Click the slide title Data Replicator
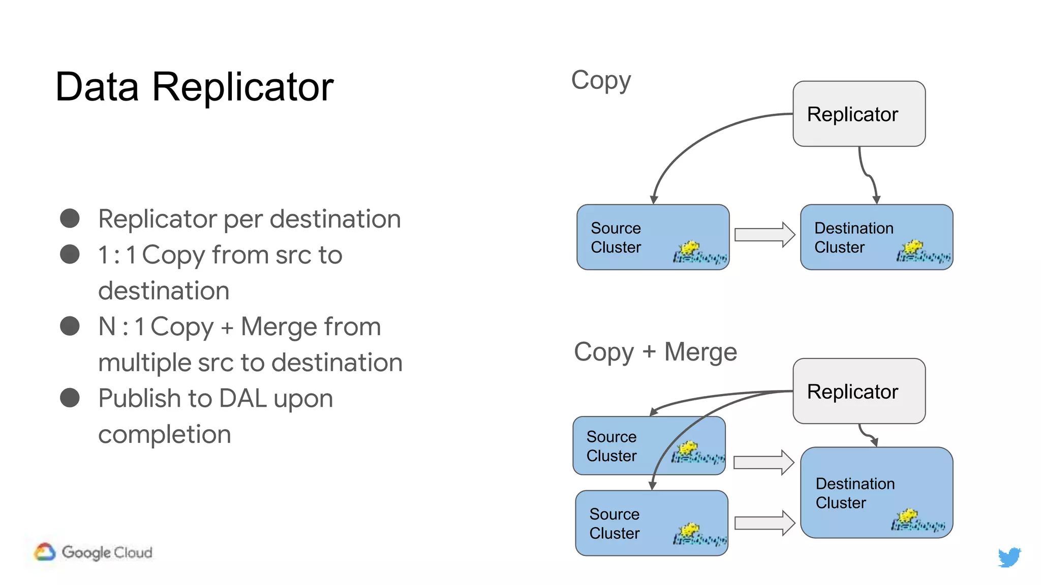pyautogui.click(x=194, y=87)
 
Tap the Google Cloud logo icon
pyautogui.click(x=45, y=552)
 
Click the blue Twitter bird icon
pyautogui.click(x=1009, y=557)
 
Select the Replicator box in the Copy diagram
pyautogui.click(x=859, y=114)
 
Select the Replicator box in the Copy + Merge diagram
pyautogui.click(x=859, y=391)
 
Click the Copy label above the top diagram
pyautogui.click(x=601, y=80)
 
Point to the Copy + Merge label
pyautogui.click(x=655, y=352)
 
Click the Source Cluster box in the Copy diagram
pyautogui.click(x=653, y=237)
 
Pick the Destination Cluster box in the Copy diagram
pyautogui.click(x=876, y=237)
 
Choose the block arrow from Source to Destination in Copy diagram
pyautogui.click(x=764, y=235)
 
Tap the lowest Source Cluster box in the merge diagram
pyautogui.click(x=651, y=523)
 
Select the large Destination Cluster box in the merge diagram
pyautogui.click(x=876, y=492)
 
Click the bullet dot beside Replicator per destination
pyautogui.click(x=70, y=218)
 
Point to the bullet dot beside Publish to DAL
pyautogui.click(x=70, y=398)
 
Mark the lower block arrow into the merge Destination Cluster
pyautogui.click(x=764, y=523)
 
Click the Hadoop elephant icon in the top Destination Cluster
pyautogui.click(x=923, y=252)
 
